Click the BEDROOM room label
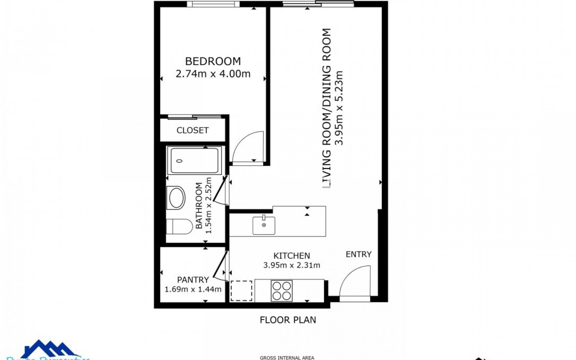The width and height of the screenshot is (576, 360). [x=213, y=61]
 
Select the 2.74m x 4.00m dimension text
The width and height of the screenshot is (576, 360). [x=213, y=74]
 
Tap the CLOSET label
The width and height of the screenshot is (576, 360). [x=192, y=130]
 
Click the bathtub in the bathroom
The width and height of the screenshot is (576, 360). [x=194, y=161]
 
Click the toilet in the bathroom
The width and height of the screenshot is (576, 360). [x=179, y=226]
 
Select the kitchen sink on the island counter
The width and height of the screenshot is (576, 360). [x=264, y=225]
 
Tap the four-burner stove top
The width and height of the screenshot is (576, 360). [x=281, y=291]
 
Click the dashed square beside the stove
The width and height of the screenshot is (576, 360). [x=241, y=291]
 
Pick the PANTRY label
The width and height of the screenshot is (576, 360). [x=193, y=280]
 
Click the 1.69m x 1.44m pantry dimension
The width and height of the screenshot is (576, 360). [x=193, y=289]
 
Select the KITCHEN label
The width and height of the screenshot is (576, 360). [x=292, y=256]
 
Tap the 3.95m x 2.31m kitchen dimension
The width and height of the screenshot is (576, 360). [x=292, y=265]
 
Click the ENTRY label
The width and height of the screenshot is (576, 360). [x=358, y=254]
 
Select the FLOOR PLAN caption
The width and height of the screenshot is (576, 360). [x=288, y=320]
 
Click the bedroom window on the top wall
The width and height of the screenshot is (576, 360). [x=213, y=4]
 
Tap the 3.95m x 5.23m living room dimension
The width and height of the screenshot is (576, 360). [x=339, y=108]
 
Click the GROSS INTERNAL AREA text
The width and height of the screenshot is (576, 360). [x=287, y=358]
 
